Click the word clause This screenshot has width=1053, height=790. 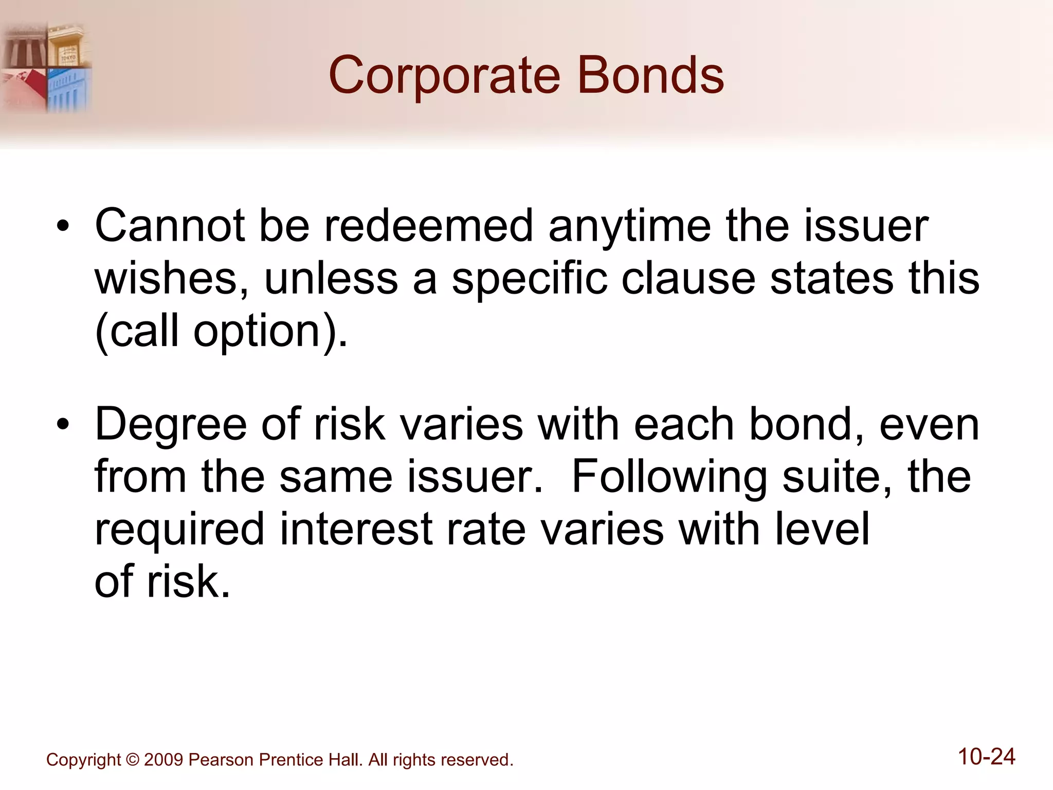coord(688,278)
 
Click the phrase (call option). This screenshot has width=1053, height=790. coord(221,332)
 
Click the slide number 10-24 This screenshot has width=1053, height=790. coord(986,757)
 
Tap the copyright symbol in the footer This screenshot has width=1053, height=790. coord(132,760)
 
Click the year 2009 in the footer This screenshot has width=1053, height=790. coord(164,760)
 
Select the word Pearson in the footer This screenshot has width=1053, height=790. coord(221,760)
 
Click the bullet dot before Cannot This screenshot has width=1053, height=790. coord(63,227)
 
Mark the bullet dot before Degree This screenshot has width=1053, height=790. coord(63,425)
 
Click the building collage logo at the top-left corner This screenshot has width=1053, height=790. coord(46,68)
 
